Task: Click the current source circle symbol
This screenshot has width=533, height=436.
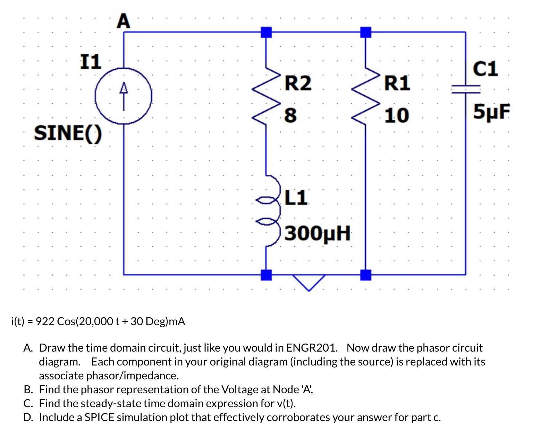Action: tap(124, 96)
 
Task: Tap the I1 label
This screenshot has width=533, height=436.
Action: tap(91, 62)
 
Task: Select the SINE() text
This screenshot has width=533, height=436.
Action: tap(68, 133)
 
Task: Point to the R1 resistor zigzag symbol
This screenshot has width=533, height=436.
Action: tap(366, 97)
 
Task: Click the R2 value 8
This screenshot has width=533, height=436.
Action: tap(290, 115)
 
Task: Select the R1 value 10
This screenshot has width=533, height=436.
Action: tap(397, 115)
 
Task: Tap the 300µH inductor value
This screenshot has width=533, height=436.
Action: tap(318, 233)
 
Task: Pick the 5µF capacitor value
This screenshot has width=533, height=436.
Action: tap(492, 112)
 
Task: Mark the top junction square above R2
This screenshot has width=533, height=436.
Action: tap(266, 32)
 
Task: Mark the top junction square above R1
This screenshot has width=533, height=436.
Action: tap(366, 32)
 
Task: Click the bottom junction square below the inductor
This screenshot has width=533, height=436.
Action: tap(266, 275)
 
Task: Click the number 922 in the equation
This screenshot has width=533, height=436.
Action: tap(45, 321)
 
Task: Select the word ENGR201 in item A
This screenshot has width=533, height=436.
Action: tap(311, 348)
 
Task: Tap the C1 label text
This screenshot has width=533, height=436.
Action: tap(485, 69)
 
